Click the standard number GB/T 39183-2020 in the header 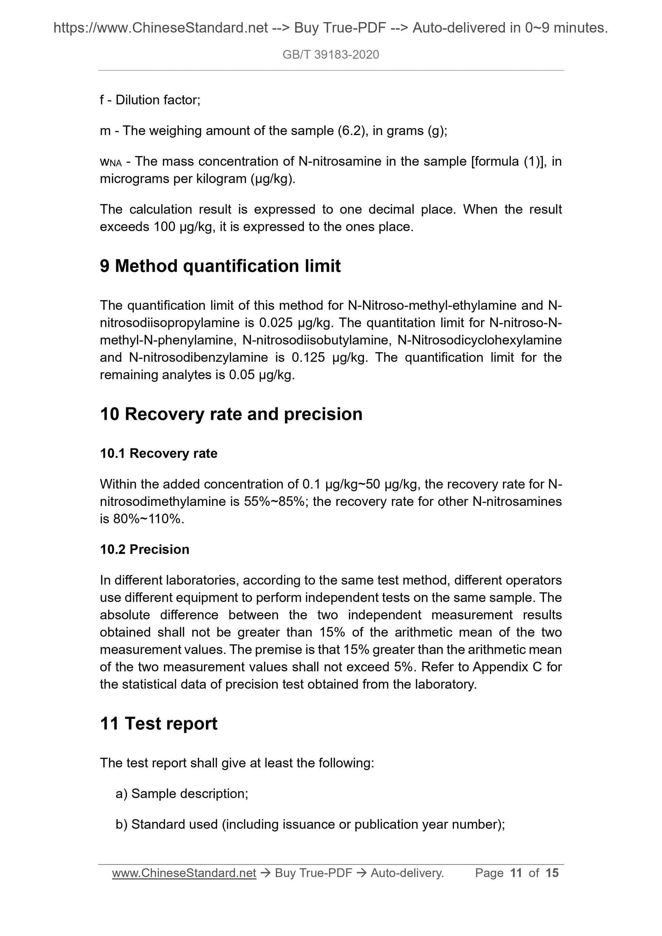(x=330, y=55)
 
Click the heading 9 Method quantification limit (x=220, y=266)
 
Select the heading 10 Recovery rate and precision (x=231, y=414)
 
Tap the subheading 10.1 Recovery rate (x=158, y=453)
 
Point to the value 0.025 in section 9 (x=276, y=323)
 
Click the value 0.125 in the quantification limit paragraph (x=308, y=358)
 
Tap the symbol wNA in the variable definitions (x=111, y=162)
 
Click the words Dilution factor (x=158, y=100)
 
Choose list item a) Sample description (x=182, y=794)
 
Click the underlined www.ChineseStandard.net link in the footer (x=184, y=873)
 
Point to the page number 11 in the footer (x=516, y=873)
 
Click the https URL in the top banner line (x=160, y=28)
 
